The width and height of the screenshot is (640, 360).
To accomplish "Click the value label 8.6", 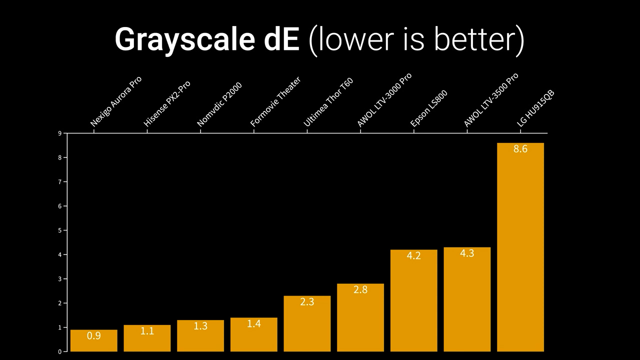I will (x=520, y=149).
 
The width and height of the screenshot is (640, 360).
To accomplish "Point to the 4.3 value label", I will (x=466, y=253).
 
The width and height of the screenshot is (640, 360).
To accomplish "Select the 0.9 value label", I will (x=93, y=336).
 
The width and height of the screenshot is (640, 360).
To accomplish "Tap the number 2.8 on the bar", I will (x=360, y=290).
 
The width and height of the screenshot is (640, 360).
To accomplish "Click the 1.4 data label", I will (x=253, y=324).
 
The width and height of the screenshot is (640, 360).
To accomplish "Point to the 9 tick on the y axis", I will (x=59, y=133).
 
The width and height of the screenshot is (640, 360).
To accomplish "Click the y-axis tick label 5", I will (x=59, y=230).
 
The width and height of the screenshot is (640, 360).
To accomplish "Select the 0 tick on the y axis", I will (x=59, y=351).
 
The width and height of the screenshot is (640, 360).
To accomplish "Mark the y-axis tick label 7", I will (x=59, y=182).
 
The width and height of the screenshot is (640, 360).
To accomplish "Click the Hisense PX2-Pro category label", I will (x=166, y=104).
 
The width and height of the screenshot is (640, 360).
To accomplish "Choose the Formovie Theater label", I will (x=275, y=102).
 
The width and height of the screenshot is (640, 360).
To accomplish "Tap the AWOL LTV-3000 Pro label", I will (x=384, y=100).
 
